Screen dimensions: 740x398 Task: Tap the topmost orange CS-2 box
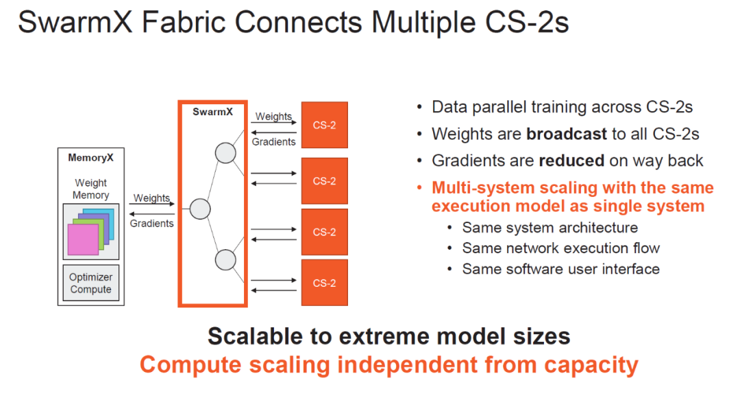click(325, 125)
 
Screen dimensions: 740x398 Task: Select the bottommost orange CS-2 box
click(325, 283)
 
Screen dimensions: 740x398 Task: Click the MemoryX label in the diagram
click(90, 158)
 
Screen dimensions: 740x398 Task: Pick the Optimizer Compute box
click(90, 283)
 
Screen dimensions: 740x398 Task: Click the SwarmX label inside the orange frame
click(212, 112)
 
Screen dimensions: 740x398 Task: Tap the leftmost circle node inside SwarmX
click(199, 209)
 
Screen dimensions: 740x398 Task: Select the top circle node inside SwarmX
click(225, 153)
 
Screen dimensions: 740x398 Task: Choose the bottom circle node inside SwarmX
click(225, 260)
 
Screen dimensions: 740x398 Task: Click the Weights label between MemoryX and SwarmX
click(151, 198)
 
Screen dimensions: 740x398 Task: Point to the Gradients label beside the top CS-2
click(274, 142)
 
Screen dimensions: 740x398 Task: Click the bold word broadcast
click(567, 134)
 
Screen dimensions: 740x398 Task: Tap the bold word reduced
click(571, 161)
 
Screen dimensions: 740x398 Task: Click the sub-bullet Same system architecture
click(550, 228)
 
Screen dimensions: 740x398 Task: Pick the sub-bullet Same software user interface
click(561, 269)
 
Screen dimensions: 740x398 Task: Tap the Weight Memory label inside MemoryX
click(90, 189)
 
